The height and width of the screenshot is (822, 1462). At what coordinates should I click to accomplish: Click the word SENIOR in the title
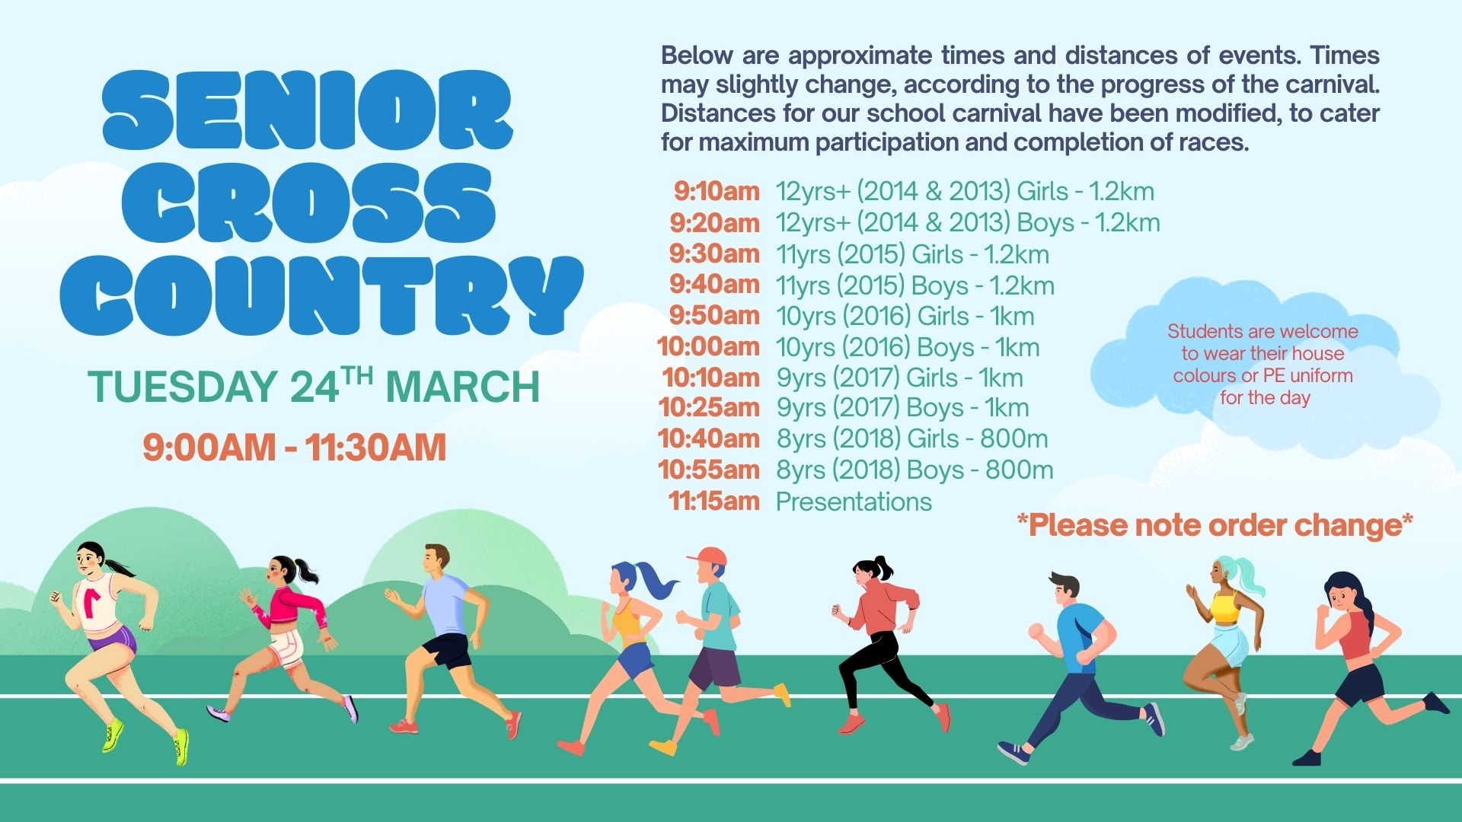308,110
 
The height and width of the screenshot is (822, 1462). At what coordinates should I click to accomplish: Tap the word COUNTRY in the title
321,296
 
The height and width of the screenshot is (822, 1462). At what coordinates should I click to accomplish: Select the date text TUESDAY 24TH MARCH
314,385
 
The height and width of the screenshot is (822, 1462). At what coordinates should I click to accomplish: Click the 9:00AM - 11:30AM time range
294,448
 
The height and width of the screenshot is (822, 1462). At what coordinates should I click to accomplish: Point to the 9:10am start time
717,191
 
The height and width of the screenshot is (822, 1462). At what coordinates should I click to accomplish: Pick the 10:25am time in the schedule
709,407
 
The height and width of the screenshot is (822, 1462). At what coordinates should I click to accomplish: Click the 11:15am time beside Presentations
713,501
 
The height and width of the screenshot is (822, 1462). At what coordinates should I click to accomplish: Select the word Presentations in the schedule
854,502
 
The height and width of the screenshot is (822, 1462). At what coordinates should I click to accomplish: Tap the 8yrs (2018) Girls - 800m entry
912,439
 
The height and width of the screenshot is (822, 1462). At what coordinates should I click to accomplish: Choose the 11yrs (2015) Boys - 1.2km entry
915,285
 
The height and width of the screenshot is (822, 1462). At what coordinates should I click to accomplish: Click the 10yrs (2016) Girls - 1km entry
905,316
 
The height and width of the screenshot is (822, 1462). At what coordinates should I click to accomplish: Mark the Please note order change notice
1215,525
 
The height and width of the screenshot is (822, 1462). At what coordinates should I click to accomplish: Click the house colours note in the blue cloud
1263,365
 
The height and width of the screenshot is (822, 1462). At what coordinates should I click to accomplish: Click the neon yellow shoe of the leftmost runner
180,747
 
